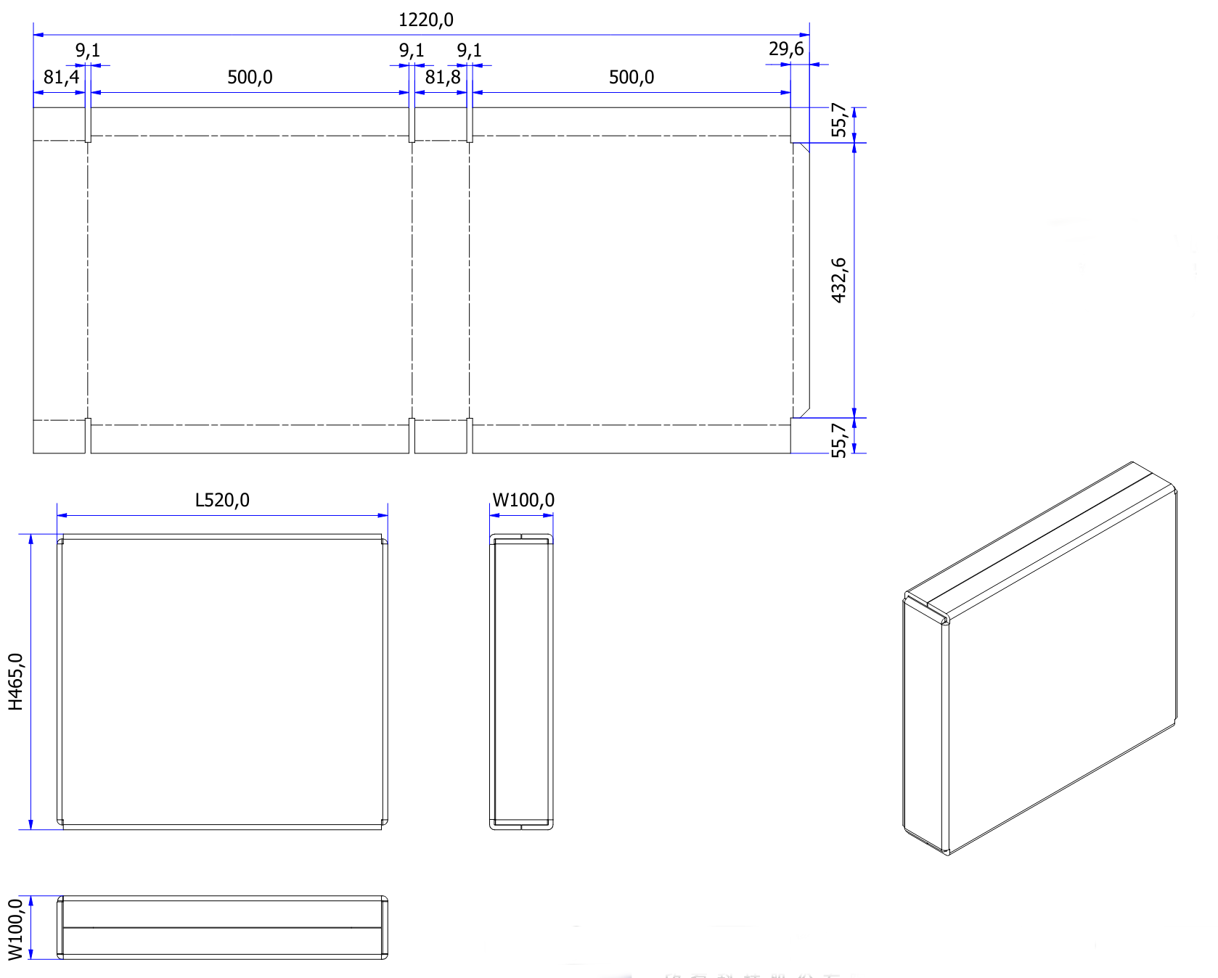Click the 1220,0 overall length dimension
(x=425, y=20)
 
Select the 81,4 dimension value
(x=61, y=77)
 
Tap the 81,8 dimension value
(x=443, y=77)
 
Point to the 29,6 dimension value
(x=786, y=49)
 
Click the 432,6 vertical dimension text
(x=839, y=280)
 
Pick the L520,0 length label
(x=222, y=500)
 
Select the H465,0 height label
(x=16, y=681)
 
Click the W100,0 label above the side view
(x=523, y=500)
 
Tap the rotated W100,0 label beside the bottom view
(x=16, y=929)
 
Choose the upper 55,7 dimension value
(x=839, y=120)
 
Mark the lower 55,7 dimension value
(x=839, y=440)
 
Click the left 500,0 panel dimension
(x=250, y=77)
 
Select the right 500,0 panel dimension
(x=631, y=77)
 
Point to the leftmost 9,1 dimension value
(x=88, y=51)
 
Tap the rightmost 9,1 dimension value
(x=469, y=51)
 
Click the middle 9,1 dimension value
(x=412, y=51)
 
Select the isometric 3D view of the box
(x=1039, y=657)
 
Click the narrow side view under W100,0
(x=521, y=681)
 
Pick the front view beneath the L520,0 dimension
(x=222, y=681)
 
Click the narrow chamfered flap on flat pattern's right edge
(x=801, y=280)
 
